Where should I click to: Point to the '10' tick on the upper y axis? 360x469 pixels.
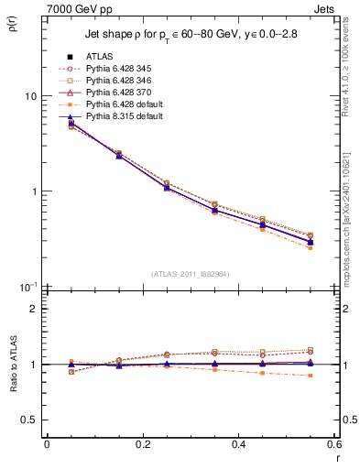[x=30, y=96]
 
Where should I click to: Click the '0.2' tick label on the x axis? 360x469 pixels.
[x=142, y=444]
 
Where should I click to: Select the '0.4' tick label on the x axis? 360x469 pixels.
[x=238, y=444]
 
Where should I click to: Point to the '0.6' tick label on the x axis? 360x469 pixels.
[x=333, y=444]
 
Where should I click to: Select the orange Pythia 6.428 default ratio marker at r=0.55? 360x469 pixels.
[x=310, y=376]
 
